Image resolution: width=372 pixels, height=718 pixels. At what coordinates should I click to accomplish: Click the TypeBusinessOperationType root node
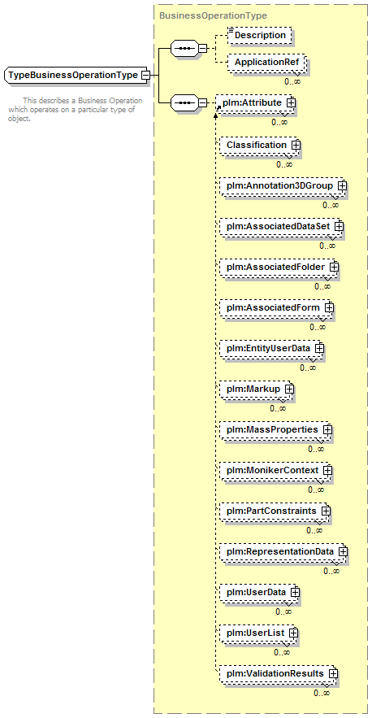click(76, 75)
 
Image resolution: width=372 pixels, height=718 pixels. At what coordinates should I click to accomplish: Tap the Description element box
click(260, 35)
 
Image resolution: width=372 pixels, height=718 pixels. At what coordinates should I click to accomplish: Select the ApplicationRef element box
click(266, 62)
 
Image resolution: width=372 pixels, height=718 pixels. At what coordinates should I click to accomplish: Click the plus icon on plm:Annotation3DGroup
click(341, 186)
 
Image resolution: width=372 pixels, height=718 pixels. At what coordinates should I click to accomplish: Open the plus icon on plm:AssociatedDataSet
click(339, 226)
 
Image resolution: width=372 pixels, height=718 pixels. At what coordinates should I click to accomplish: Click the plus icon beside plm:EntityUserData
click(319, 348)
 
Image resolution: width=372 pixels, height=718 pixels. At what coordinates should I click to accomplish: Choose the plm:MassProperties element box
click(276, 429)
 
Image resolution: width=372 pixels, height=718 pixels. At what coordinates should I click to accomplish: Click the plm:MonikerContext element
click(276, 470)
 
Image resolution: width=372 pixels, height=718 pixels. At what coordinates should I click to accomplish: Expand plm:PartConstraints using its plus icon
click(326, 511)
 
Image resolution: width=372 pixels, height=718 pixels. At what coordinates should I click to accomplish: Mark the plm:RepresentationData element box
click(283, 551)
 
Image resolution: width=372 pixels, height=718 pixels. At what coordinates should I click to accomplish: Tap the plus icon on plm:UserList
click(293, 633)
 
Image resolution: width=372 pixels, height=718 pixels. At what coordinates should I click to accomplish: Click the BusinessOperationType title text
click(213, 15)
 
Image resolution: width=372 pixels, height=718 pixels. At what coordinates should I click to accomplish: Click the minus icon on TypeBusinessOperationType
click(145, 75)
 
